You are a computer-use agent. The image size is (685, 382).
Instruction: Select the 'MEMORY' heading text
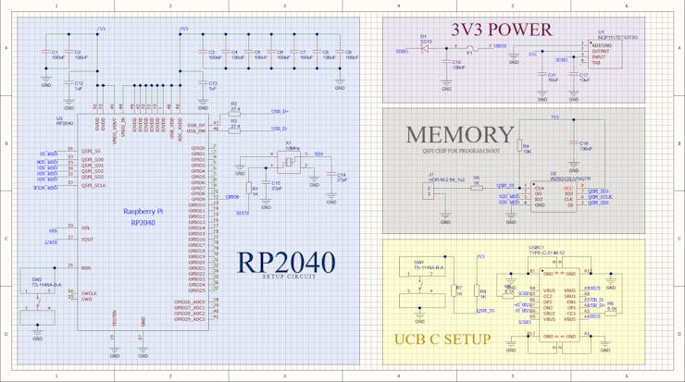point(459,136)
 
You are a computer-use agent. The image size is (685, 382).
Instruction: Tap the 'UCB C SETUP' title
point(442,339)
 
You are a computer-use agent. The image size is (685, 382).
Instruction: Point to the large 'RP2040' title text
point(286,262)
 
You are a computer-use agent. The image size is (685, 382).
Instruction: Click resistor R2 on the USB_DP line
point(234,112)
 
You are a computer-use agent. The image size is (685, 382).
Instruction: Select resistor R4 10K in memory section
point(520,146)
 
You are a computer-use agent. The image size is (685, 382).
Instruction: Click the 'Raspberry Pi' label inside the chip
point(143,212)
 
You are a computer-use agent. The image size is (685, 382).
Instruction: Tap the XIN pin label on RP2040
point(85,228)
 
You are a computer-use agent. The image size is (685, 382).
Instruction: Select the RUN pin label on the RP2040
point(85,268)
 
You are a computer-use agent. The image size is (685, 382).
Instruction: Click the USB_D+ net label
point(280,112)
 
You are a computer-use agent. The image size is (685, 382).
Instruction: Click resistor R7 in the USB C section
point(456,290)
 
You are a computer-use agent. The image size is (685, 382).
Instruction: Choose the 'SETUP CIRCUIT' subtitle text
point(287,277)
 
